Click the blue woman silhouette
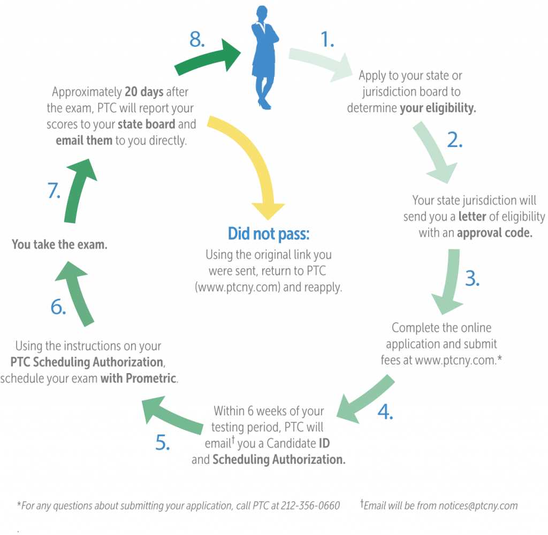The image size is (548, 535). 264,58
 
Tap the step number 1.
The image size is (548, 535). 327,39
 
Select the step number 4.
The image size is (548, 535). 385,412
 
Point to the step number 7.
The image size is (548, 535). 54,191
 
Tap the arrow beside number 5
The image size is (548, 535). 171,415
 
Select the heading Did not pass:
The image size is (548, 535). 269,234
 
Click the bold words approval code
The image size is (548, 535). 494,233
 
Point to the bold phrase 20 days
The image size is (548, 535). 144,92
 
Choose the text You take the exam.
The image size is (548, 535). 59,244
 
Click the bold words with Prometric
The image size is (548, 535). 139,378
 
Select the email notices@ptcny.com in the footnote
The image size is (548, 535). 478,506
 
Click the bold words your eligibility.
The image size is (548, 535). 438,108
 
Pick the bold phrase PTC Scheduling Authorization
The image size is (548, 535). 87,362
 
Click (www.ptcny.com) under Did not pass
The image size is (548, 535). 238,287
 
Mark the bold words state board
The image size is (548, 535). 147,124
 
